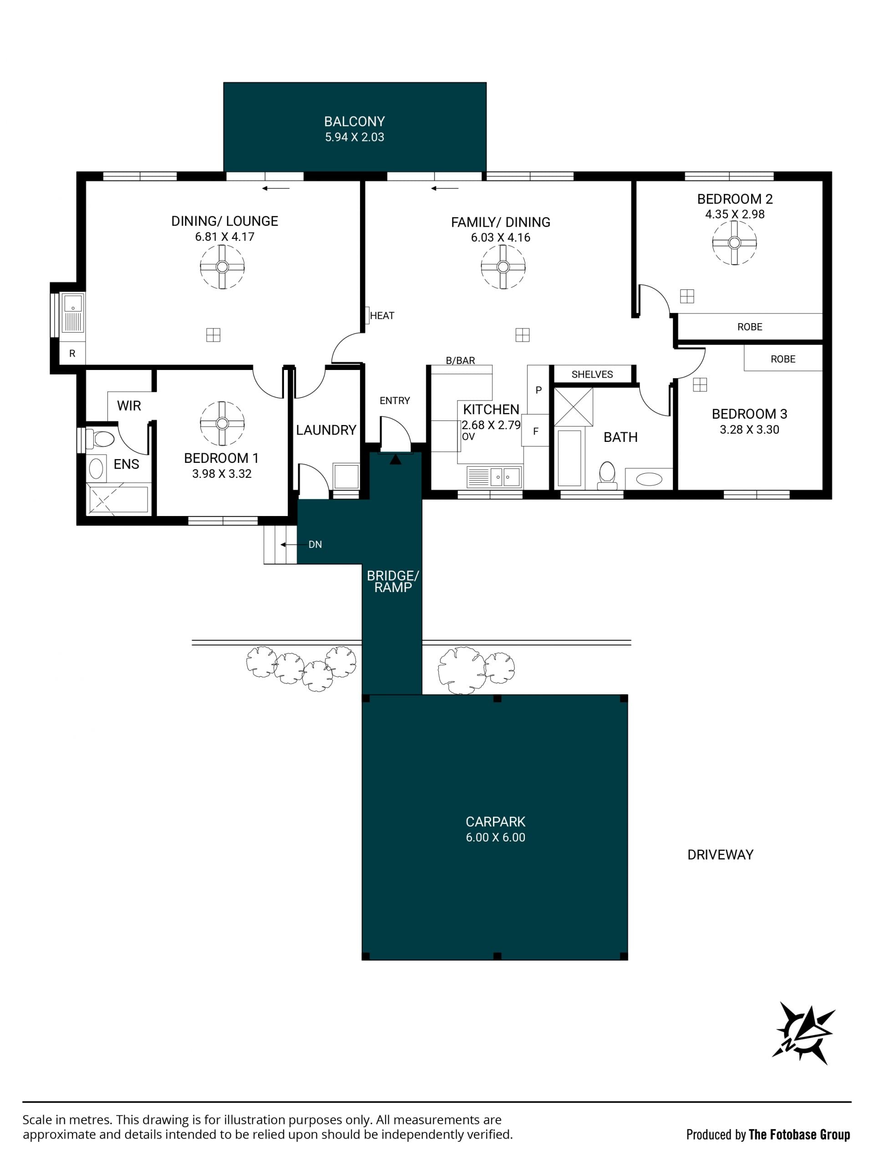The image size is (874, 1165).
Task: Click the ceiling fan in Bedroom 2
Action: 734,243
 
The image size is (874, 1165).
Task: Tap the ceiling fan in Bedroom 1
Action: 222,423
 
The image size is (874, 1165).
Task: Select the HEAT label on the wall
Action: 382,315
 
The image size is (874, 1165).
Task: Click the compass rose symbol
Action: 803,1033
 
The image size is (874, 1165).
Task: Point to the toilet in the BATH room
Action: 607,475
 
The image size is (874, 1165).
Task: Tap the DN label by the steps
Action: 315,545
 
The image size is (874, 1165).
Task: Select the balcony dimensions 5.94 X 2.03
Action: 355,137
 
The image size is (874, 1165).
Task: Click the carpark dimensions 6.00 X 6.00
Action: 495,837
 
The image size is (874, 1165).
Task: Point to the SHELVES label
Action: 592,375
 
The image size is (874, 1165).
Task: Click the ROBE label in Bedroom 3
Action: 783,359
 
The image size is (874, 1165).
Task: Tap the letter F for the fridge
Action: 536,431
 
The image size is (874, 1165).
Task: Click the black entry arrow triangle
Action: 396,459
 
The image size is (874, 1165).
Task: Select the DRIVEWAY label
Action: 720,855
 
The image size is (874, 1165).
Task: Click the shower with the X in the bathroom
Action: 573,407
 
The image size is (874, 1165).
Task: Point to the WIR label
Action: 129,405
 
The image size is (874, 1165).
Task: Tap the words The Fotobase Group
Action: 799,1135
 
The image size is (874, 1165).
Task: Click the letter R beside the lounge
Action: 72,354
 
